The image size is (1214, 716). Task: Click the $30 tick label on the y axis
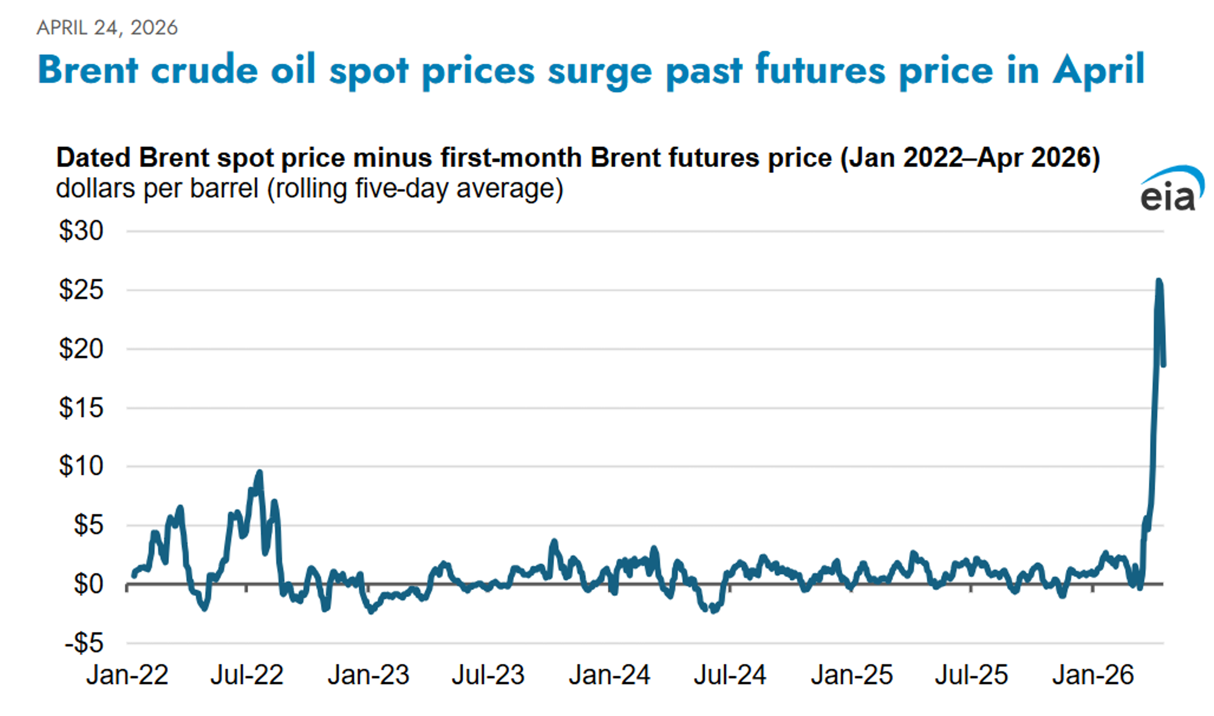(x=81, y=231)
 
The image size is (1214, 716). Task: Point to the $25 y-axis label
(x=81, y=290)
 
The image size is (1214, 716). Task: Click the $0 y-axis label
(x=88, y=584)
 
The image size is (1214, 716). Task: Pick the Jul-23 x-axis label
(x=488, y=675)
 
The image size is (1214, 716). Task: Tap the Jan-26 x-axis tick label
(x=1093, y=675)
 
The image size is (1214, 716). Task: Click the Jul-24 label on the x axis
(x=730, y=675)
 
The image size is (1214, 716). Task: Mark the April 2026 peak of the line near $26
(x=1159, y=281)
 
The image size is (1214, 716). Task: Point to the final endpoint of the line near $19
(x=1164, y=365)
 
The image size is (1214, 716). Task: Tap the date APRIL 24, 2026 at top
(x=107, y=28)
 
